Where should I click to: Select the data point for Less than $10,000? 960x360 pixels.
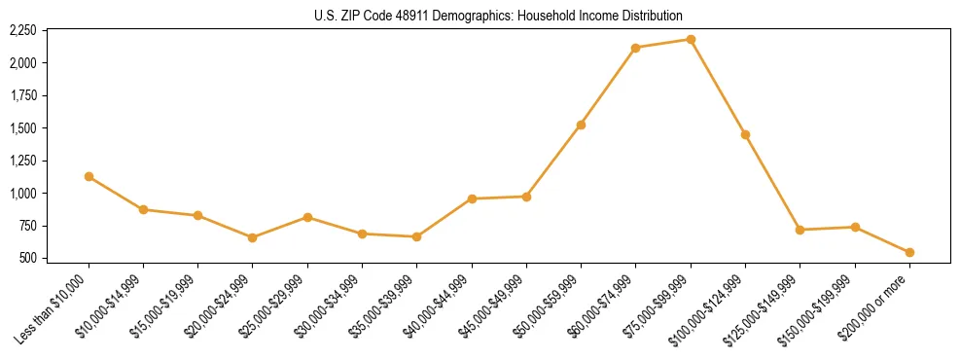(89, 176)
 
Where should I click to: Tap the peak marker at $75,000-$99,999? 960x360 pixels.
(691, 39)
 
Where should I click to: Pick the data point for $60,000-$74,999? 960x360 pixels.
(636, 48)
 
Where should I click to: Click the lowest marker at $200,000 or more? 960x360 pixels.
(909, 252)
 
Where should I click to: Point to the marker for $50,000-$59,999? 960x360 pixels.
(581, 125)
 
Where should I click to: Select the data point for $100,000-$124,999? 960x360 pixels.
(745, 134)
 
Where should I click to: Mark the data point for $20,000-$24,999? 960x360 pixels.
(253, 237)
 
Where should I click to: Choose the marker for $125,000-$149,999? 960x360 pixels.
(800, 230)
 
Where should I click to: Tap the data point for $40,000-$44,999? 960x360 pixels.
(472, 198)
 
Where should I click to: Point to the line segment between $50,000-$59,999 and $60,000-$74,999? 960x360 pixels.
(608, 87)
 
